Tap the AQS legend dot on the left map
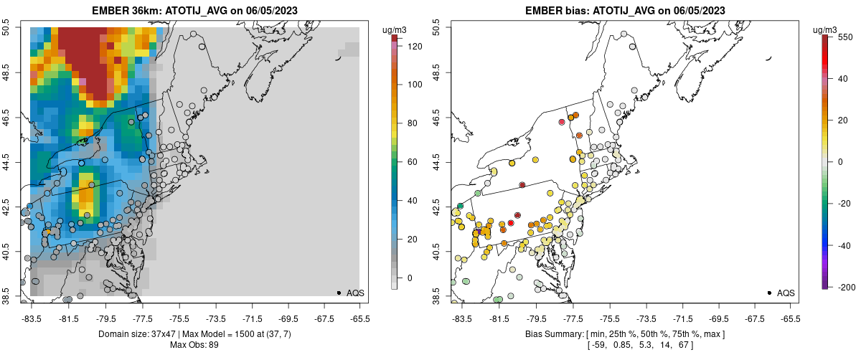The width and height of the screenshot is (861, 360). click(339, 293)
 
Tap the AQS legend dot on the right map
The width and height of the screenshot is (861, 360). click(769, 293)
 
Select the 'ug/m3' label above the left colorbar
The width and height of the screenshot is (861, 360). click(396, 29)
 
